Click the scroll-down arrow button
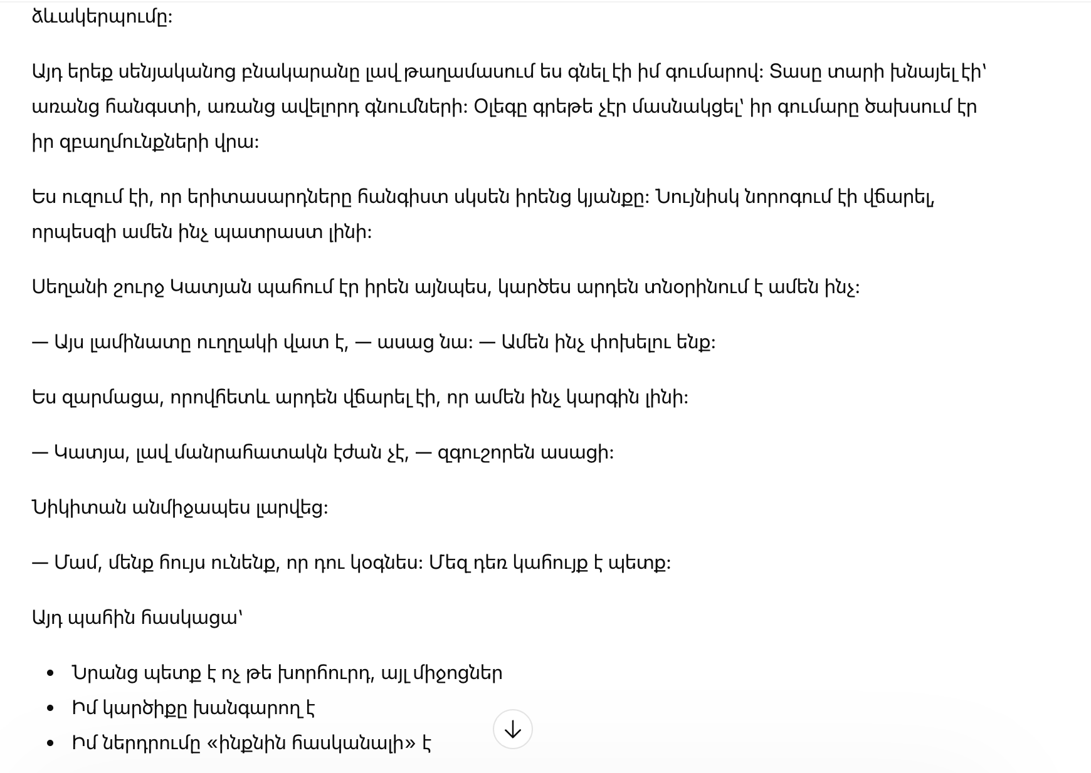coord(512,729)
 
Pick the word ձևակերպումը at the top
coord(102,17)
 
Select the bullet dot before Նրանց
coord(51,673)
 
